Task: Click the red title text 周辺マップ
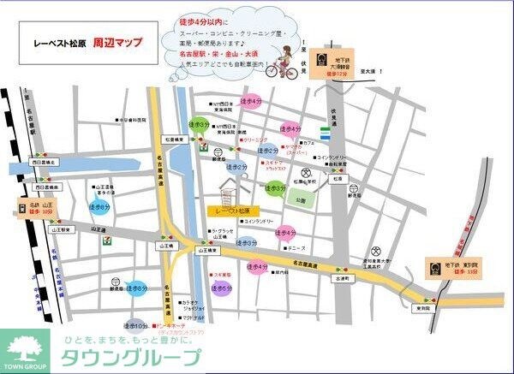[x=117, y=40]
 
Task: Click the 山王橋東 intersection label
[x=210, y=250]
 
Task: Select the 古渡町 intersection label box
[x=344, y=279]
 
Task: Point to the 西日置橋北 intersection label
[x=44, y=161]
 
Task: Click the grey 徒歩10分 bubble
[x=136, y=324]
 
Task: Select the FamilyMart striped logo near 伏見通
[x=326, y=132]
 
